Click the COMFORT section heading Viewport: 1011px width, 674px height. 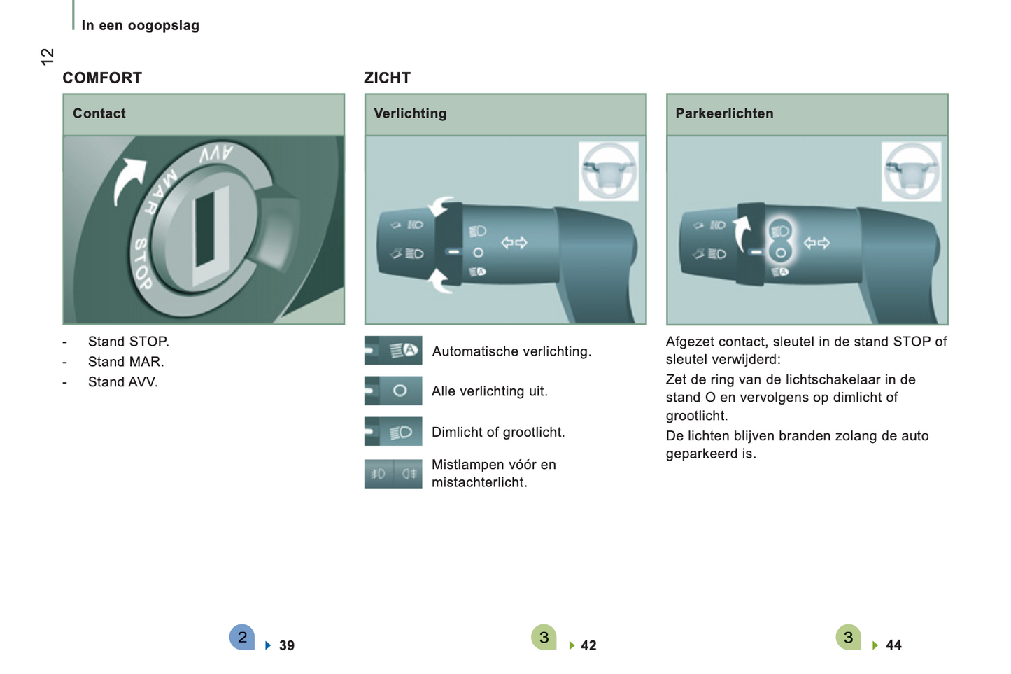click(x=102, y=78)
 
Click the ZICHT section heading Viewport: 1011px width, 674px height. click(x=387, y=78)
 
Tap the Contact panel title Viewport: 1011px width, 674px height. click(x=99, y=113)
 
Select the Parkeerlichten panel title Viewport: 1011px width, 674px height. click(x=724, y=113)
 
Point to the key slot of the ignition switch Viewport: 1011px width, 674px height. click(x=206, y=229)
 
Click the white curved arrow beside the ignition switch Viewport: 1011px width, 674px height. click(x=128, y=181)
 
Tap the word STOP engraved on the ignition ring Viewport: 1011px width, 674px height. click(x=143, y=264)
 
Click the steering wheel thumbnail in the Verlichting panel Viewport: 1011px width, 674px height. click(x=609, y=171)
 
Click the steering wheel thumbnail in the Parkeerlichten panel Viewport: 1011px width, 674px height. click(x=911, y=171)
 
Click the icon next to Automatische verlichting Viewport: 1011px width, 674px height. click(x=393, y=351)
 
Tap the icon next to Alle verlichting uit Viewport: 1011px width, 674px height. click(x=393, y=391)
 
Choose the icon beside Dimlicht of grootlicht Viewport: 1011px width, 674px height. click(x=393, y=431)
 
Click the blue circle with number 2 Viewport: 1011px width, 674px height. click(x=242, y=637)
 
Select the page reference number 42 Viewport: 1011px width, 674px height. click(x=588, y=645)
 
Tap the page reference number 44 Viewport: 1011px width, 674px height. click(x=893, y=645)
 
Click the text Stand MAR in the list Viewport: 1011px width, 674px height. click(x=126, y=362)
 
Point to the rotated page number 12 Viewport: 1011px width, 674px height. click(x=48, y=57)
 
